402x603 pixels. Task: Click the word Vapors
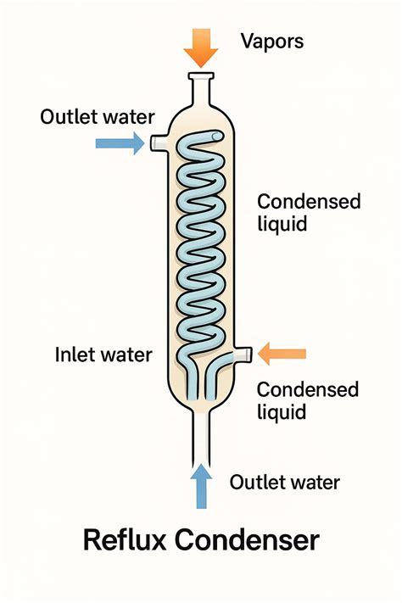271,40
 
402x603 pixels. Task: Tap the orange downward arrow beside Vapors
200,47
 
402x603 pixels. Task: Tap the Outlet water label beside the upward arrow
284,483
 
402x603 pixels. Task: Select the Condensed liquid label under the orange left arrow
307,400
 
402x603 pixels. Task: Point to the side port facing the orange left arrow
242,352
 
